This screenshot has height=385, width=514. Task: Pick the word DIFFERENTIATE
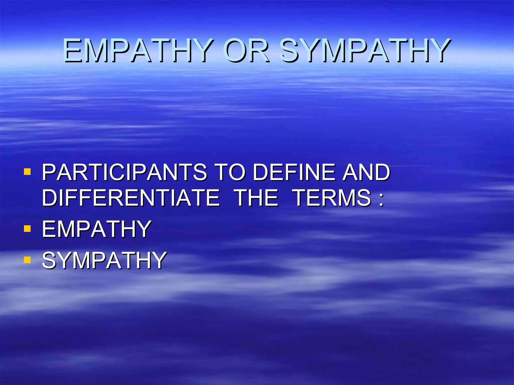click(x=131, y=198)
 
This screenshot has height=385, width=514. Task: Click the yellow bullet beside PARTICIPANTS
click(x=27, y=172)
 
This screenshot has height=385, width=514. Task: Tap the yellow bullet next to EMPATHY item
click(x=27, y=229)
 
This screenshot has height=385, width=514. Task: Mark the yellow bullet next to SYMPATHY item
click(x=27, y=260)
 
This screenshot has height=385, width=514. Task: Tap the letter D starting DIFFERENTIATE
click(x=50, y=198)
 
